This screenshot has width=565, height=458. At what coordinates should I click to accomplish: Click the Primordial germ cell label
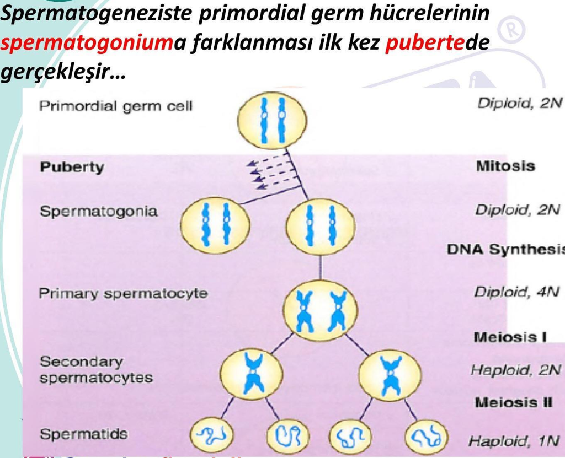pyautogui.click(x=115, y=106)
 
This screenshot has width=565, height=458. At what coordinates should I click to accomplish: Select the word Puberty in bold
pyautogui.click(x=72, y=168)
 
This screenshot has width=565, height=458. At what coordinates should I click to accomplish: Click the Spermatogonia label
pyautogui.click(x=98, y=212)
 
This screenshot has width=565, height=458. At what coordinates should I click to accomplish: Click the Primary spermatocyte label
pyautogui.click(x=123, y=293)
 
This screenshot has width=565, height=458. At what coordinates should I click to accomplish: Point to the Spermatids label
pyautogui.click(x=83, y=434)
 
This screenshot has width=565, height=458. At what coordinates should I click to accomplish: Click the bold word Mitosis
pyautogui.click(x=505, y=166)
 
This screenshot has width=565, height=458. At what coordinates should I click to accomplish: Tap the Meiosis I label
pyautogui.click(x=510, y=338)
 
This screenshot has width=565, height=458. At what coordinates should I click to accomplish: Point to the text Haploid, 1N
pyautogui.click(x=514, y=441)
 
